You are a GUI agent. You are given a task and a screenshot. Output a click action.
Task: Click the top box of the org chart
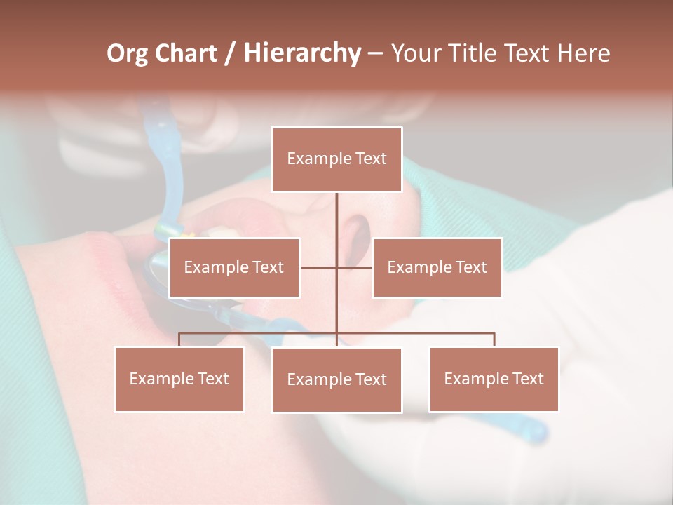tap(336, 159)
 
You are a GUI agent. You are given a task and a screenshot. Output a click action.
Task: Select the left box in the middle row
tap(234, 267)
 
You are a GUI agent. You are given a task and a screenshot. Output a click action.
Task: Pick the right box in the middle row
tap(437, 267)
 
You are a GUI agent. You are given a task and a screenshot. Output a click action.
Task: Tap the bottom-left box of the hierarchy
tap(179, 379)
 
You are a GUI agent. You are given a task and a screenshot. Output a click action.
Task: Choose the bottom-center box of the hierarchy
tap(336, 379)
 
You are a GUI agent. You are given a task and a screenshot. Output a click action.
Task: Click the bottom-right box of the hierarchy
tap(494, 379)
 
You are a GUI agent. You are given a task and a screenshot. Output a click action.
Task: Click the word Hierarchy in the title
tap(302, 53)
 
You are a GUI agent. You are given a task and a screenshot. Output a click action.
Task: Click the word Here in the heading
tap(583, 53)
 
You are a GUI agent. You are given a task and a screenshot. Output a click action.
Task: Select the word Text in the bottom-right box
tap(529, 379)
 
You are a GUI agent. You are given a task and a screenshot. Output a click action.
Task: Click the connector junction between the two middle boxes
tap(336, 267)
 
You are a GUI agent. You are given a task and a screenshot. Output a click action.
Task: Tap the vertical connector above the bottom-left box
tap(179, 339)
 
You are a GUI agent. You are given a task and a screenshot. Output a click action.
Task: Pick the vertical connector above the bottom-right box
tap(494, 339)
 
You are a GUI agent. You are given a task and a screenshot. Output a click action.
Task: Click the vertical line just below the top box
tap(336, 210)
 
